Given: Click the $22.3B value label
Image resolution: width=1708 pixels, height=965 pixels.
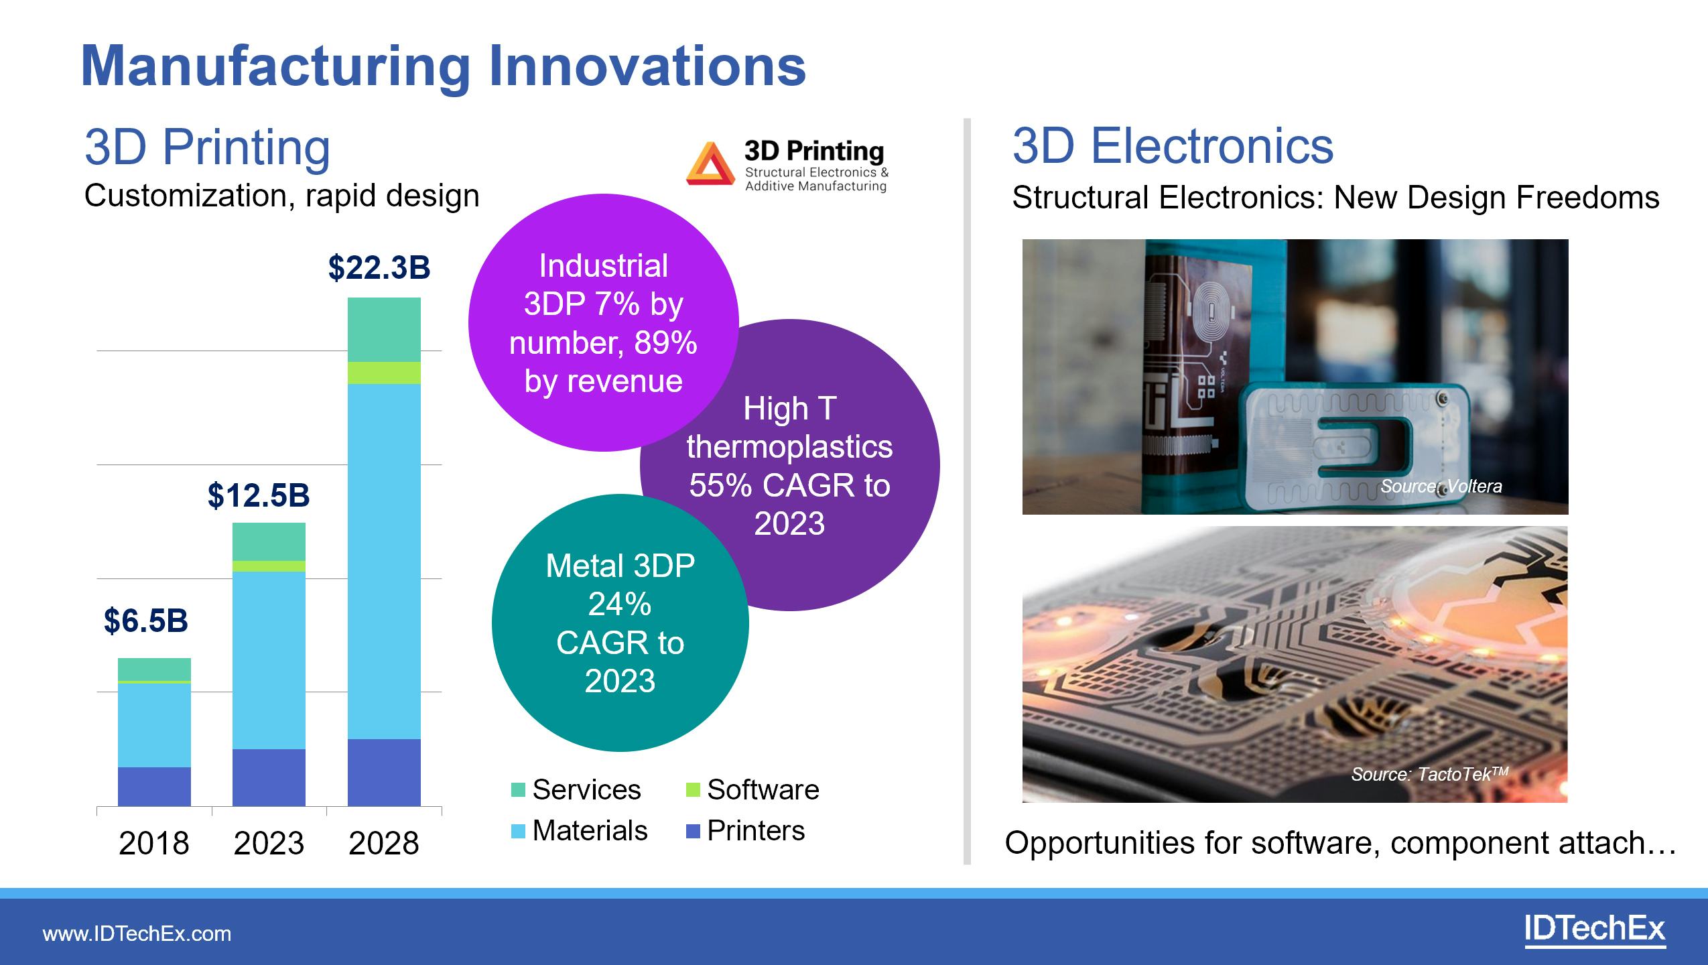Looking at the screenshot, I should click(x=379, y=267).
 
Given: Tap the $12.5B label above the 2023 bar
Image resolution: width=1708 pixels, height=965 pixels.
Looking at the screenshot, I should click(x=259, y=496).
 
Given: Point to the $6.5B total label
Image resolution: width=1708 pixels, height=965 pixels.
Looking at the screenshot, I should click(x=146, y=621).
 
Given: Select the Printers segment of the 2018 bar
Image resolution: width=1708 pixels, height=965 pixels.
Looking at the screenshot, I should click(x=154, y=786).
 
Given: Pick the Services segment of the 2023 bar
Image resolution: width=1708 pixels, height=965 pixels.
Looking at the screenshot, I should click(x=269, y=541).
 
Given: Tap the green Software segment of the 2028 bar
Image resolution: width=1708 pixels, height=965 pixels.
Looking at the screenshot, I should click(x=384, y=373).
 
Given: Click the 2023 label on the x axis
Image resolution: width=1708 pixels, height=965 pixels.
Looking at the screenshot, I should click(x=269, y=843).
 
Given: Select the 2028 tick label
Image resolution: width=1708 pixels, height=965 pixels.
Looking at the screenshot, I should click(x=384, y=843).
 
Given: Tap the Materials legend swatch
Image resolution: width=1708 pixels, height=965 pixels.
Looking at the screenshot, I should click(x=518, y=832).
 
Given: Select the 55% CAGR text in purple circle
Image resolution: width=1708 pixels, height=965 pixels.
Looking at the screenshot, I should click(x=789, y=485).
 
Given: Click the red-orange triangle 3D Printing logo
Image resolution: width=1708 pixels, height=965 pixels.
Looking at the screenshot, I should click(x=710, y=165).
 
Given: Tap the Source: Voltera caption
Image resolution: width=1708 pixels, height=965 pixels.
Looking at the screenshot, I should click(x=1441, y=486).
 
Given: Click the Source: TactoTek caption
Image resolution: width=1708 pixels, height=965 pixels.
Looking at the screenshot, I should click(x=1429, y=774).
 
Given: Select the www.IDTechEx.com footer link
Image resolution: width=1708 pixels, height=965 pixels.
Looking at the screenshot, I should click(x=137, y=934).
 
